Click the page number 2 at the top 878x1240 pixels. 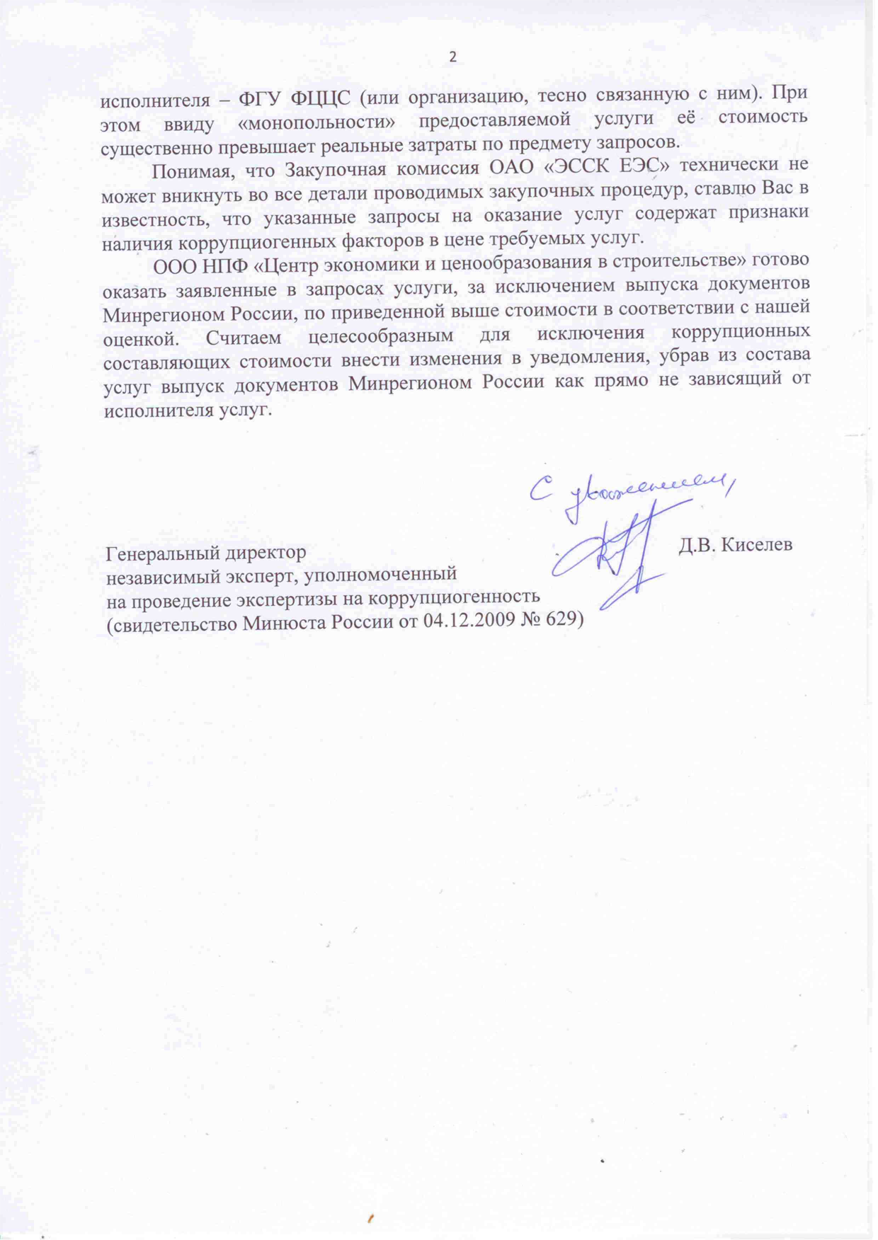pyautogui.click(x=453, y=57)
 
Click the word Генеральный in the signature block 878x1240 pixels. pyautogui.click(x=165, y=553)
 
